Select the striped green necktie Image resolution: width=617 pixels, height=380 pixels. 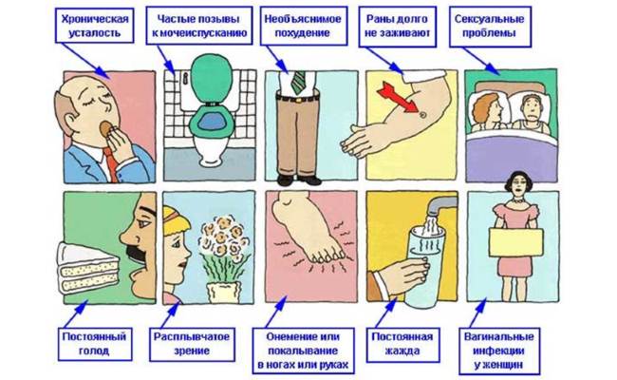(x=299, y=82)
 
